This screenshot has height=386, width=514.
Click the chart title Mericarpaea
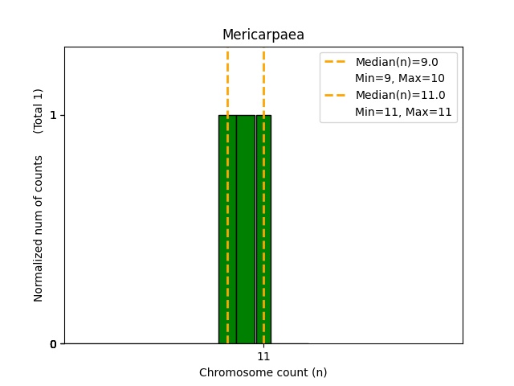263,35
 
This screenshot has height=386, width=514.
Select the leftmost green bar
227,229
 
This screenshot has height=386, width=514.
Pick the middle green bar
246,229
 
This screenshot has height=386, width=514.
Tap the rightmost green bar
263,229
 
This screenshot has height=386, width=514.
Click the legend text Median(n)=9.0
397,62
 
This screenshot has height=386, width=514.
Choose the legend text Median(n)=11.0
401,95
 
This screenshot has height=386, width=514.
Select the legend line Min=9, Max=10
400,78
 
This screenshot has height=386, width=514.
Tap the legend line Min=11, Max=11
403,112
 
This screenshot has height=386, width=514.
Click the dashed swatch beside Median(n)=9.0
335,61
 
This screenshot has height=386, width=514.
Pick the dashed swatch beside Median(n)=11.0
335,96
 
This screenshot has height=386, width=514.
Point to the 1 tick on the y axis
53,115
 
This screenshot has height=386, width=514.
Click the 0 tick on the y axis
53,344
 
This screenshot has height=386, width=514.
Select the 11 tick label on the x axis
263,356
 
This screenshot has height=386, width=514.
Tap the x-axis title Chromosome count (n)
263,372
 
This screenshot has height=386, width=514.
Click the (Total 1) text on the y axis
38,111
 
